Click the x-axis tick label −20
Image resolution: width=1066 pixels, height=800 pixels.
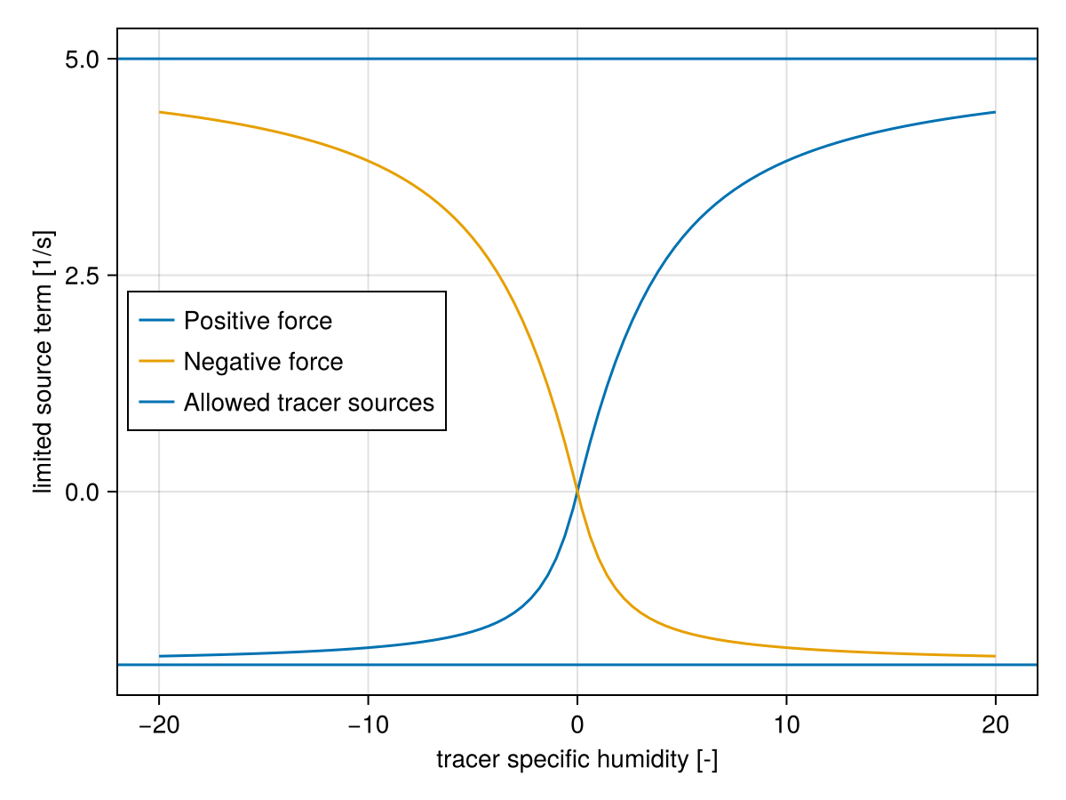pyautogui.click(x=159, y=725)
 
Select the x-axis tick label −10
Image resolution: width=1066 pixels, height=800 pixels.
pyautogui.click(x=368, y=725)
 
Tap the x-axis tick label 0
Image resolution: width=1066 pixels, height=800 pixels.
pyautogui.click(x=577, y=725)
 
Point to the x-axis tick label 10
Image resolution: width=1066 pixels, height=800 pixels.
pyautogui.click(x=786, y=725)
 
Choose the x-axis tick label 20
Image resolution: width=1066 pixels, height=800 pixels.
pyautogui.click(x=995, y=725)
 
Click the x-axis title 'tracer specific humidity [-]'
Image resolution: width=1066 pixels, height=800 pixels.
pyautogui.click(x=577, y=760)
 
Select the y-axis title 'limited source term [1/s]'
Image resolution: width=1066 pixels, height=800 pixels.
pyautogui.click(x=44, y=361)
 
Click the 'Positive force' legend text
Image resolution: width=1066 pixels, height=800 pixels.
pyautogui.click(x=258, y=321)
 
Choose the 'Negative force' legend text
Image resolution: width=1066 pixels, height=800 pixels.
pyautogui.click(x=263, y=362)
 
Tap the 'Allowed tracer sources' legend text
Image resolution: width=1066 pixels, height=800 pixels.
pyautogui.click(x=309, y=403)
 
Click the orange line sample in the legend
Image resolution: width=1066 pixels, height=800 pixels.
pyautogui.click(x=156, y=362)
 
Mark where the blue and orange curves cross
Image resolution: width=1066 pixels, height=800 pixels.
pyautogui.click(x=577, y=491)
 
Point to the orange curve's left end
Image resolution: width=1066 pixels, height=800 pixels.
pyautogui.click(x=160, y=112)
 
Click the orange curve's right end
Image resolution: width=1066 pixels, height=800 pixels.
pyautogui.click(x=995, y=656)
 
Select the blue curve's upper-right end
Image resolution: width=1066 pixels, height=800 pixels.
pyautogui.click(x=995, y=112)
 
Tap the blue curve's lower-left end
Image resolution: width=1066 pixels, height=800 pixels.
pyautogui.click(x=160, y=656)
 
